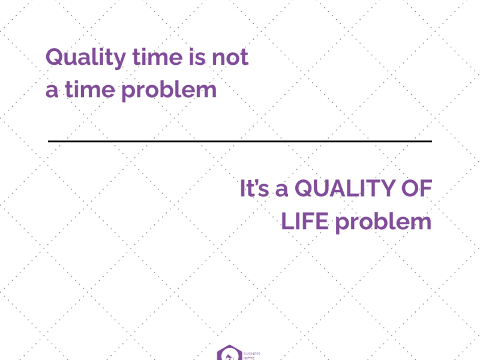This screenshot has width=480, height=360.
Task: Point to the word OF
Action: (x=415, y=189)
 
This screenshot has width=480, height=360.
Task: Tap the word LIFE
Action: (x=305, y=222)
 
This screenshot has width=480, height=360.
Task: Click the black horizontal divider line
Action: (x=240, y=142)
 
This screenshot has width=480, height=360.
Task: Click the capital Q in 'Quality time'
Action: (x=56, y=58)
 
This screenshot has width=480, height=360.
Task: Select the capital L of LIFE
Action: (x=287, y=222)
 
